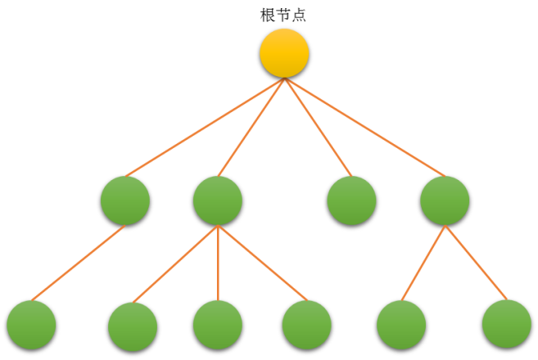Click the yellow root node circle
284,53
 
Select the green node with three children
218,200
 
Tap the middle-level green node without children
351,200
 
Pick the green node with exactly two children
445,200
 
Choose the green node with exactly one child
125,200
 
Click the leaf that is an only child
31,325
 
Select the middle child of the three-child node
218,325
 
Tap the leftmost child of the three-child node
133,326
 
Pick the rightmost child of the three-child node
306,325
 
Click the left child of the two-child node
401,325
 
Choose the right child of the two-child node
507,325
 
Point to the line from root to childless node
317,126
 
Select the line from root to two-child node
364,127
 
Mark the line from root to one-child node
205,127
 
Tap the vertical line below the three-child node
218,262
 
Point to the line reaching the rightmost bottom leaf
476,263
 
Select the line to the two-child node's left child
423,263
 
